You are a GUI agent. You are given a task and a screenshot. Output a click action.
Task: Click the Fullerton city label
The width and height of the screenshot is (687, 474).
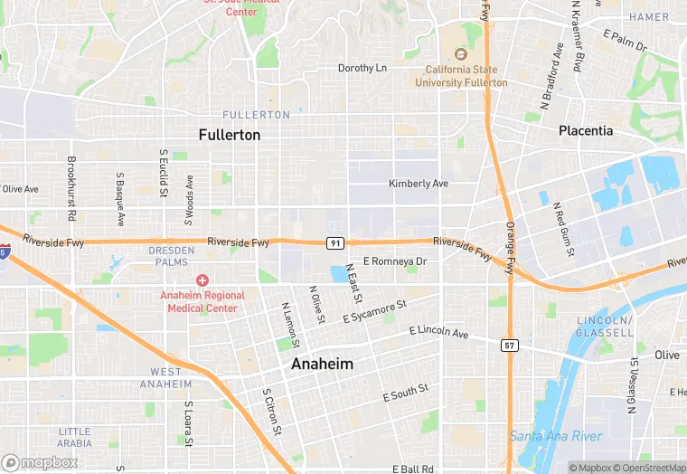(x=229, y=135)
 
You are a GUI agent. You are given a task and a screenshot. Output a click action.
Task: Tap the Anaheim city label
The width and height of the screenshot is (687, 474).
(x=322, y=364)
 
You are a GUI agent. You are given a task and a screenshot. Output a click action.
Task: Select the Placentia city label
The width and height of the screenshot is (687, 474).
(x=585, y=130)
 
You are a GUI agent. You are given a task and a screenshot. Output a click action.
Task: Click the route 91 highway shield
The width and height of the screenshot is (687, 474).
(x=335, y=243)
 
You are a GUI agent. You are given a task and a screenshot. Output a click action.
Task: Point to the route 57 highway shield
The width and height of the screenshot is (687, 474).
(x=510, y=345)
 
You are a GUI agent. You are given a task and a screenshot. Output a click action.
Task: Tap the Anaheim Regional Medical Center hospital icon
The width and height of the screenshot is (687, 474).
(x=202, y=282)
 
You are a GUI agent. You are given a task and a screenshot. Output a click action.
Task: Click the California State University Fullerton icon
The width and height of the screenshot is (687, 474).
(x=462, y=54)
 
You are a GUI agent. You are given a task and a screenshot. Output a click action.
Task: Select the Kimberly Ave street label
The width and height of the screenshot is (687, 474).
(x=419, y=184)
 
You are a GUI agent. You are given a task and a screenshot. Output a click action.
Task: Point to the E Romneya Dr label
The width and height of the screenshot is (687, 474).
(x=394, y=261)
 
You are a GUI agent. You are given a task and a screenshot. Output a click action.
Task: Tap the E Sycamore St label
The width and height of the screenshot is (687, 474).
(x=375, y=312)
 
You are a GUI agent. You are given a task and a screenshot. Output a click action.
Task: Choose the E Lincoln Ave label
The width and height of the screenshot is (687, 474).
(x=438, y=334)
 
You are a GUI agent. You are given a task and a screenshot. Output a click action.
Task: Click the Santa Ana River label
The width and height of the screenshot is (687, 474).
(x=555, y=436)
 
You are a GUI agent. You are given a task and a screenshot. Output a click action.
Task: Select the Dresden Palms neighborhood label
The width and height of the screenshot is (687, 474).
(x=171, y=256)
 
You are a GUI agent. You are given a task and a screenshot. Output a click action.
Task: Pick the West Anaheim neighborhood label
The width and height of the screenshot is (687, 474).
(x=165, y=378)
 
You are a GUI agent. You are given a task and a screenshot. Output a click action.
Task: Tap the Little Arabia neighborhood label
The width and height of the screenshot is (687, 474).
(x=74, y=437)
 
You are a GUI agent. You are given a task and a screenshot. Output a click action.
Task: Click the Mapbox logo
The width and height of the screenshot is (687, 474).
(x=40, y=462)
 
